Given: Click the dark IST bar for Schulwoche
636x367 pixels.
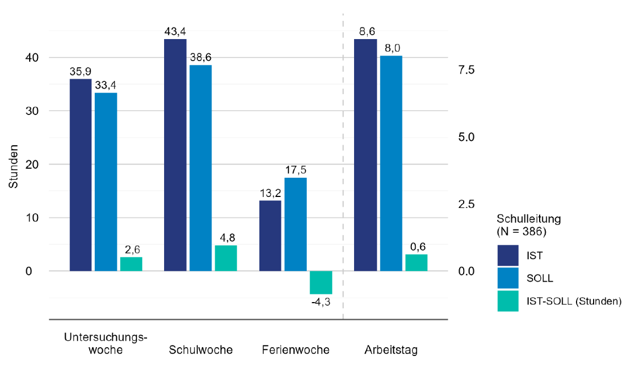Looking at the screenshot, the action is click(175, 155).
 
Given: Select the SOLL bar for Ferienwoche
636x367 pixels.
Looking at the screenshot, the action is click(295, 224).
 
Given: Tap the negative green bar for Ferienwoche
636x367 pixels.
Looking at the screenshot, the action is click(321, 282).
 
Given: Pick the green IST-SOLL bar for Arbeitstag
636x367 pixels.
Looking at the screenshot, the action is click(416, 263).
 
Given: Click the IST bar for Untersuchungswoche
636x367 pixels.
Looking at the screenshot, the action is click(80, 175).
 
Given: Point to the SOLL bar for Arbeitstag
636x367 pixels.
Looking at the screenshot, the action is click(391, 163).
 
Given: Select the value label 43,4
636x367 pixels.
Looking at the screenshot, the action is click(175, 31).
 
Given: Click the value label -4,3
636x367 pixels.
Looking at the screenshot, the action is click(321, 302).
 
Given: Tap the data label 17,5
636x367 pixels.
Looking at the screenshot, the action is click(296, 170).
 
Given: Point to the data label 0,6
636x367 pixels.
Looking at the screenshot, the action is click(418, 247).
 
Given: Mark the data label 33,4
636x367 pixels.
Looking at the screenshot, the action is click(106, 85).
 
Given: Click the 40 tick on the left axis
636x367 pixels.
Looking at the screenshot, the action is click(32, 58).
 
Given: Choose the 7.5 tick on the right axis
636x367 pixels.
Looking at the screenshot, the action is click(466, 70).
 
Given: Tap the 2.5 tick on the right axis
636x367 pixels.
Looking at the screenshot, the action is click(466, 204).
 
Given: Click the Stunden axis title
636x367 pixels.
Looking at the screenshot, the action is click(13, 167).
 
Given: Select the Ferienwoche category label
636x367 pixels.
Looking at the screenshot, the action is click(296, 350).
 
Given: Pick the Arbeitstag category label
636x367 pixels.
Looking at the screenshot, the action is click(391, 350).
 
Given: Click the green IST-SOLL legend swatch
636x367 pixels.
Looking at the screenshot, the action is click(508, 301).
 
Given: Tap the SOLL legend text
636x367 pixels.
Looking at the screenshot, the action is click(540, 278).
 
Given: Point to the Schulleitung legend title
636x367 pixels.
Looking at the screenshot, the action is click(529, 225).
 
